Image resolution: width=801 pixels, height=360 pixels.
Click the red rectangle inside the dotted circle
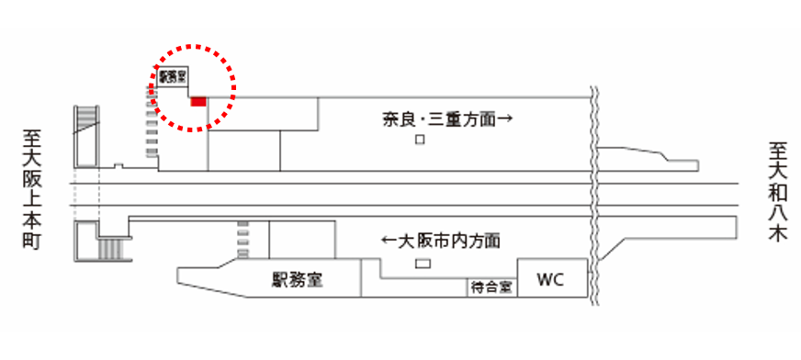click(197, 101)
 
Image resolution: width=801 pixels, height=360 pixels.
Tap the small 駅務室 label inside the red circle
click(173, 78)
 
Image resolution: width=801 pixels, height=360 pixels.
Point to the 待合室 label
click(491, 287)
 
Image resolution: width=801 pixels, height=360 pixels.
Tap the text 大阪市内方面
click(449, 242)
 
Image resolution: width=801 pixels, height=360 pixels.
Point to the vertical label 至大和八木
click(778, 191)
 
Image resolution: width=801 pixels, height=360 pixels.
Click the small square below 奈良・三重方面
click(420, 140)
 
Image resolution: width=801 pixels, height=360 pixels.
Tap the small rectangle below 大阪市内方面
click(423, 264)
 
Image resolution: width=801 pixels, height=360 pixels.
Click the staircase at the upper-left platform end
click(85, 134)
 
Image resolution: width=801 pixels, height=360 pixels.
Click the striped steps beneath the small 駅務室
click(152, 128)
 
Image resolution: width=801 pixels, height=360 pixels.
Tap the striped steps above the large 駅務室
click(243, 241)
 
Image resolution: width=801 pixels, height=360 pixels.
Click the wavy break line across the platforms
click(593, 193)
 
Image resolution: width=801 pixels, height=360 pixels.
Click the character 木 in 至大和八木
click(778, 235)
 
